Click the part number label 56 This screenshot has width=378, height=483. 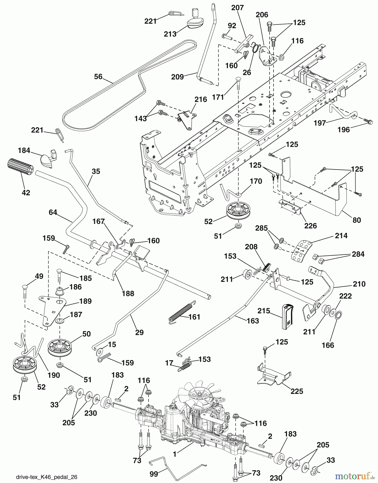(x=98, y=76)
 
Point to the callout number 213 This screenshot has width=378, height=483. (x=170, y=34)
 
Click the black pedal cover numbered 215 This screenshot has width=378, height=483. (x=287, y=317)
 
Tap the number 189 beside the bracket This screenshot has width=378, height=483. (x=85, y=301)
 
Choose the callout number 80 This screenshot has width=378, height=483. (x=357, y=220)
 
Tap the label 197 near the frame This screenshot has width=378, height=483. (x=320, y=123)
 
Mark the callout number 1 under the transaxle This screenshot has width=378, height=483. (x=175, y=454)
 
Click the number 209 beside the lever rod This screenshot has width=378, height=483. (x=177, y=77)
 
